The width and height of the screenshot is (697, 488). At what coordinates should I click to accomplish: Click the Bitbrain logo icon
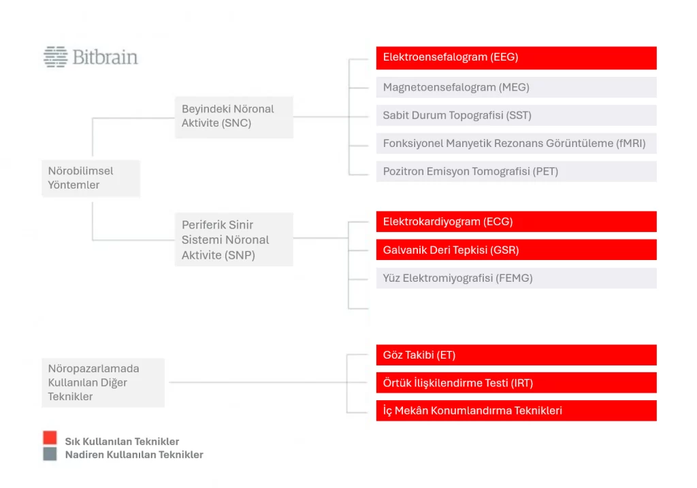[x=56, y=57]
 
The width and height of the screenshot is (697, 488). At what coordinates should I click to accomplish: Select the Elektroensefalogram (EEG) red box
[x=516, y=58]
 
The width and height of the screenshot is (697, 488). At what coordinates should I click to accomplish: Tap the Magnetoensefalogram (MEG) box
[x=516, y=87]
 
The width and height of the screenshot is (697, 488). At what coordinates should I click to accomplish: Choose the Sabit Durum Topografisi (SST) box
[x=516, y=115]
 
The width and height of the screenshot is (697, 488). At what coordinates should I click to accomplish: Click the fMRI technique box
[x=516, y=143]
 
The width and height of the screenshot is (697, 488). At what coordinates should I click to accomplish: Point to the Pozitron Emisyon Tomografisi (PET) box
[x=516, y=171]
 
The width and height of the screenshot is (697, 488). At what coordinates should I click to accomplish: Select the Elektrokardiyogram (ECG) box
[x=516, y=221]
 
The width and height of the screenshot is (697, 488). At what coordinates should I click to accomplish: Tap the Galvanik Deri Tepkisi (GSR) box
[x=516, y=250]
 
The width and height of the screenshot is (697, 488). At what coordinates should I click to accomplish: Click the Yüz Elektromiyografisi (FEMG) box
[x=516, y=278]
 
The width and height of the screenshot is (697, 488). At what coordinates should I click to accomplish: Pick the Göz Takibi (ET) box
[x=516, y=355]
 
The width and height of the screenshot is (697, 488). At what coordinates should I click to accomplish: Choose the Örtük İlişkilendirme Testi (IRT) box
[x=516, y=383]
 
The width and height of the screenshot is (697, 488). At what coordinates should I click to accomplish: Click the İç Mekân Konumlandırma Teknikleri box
[x=516, y=410]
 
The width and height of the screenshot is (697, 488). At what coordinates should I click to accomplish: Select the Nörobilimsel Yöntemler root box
[x=91, y=178]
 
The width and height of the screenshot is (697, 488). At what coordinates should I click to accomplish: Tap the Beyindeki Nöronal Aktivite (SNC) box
[x=234, y=117]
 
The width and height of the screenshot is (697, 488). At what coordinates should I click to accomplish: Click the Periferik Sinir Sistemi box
[x=234, y=240]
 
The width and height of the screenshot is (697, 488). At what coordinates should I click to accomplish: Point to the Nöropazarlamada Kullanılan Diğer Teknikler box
[x=103, y=383]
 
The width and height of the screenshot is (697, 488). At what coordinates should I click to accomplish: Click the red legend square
[x=50, y=438]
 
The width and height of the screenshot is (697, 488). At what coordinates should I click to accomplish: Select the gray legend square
[x=50, y=454]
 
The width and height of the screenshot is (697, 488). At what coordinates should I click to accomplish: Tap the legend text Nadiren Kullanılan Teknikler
[x=134, y=455]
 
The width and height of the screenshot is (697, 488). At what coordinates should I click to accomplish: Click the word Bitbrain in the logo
[x=106, y=57]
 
